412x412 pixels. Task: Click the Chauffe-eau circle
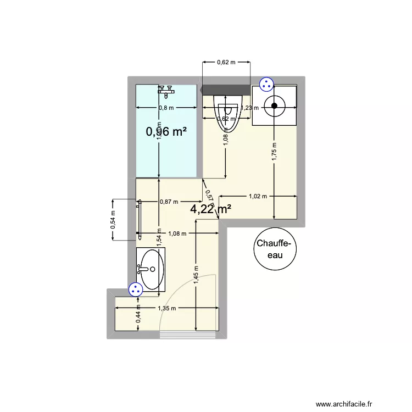[276, 249]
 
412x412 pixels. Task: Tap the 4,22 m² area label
[210, 209]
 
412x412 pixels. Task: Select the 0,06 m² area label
[166, 132]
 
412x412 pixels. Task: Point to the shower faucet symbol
[165, 89]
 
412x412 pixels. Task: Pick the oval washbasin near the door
[151, 270]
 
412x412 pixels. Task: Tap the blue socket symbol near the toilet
[266, 84]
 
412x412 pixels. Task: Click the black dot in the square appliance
[274, 107]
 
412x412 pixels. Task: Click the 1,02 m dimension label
[258, 196]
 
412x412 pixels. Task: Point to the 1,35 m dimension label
[166, 309]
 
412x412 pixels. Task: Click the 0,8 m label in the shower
[166, 108]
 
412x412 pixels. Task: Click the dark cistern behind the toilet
[226, 90]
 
